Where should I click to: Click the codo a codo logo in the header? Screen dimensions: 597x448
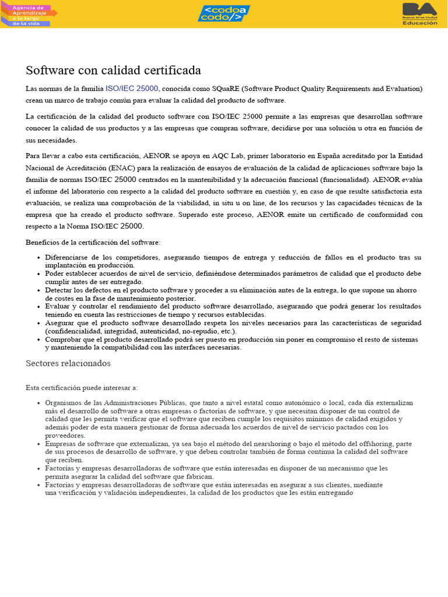coord(223,13)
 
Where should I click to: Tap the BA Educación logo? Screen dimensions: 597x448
coord(419,14)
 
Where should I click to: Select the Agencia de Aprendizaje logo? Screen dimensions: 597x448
coord(29,14)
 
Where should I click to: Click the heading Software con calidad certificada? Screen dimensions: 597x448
coord(113,71)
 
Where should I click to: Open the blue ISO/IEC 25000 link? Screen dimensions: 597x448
coord(132,89)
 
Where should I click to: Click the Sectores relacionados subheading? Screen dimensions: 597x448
coord(68,363)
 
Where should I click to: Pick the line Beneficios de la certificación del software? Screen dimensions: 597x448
coord(93,242)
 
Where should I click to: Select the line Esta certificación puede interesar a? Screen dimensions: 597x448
coord(82,388)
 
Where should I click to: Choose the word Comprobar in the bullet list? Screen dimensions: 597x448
coord(64,339)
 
